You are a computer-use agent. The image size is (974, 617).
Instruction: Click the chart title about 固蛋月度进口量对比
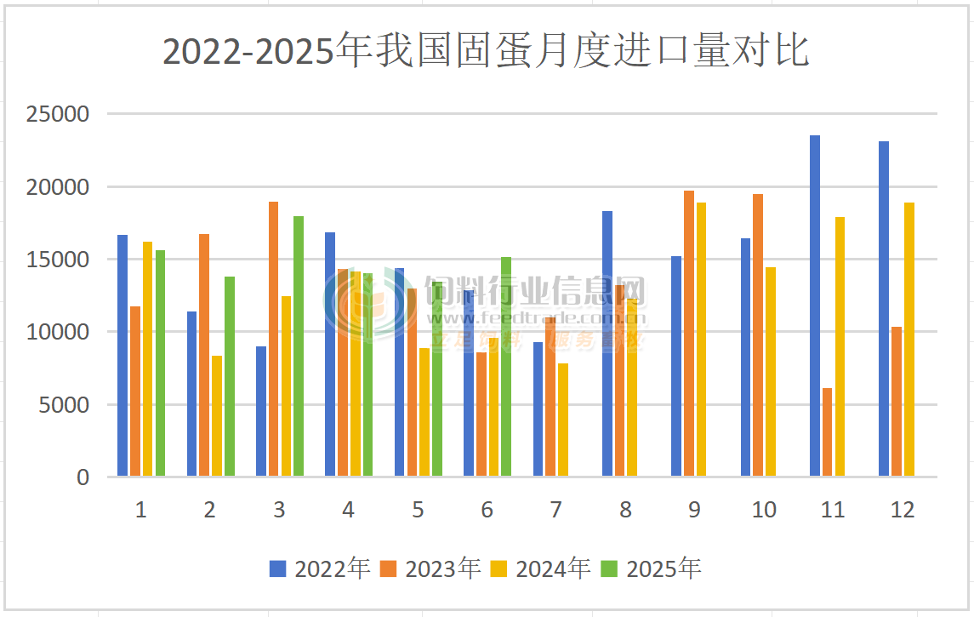tap(486, 52)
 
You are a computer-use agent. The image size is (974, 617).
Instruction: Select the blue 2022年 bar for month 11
tap(815, 306)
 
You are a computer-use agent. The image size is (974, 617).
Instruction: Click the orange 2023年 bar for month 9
tap(689, 333)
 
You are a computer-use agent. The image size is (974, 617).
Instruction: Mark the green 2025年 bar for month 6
tap(506, 366)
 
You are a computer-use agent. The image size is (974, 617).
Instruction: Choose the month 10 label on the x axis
tap(764, 510)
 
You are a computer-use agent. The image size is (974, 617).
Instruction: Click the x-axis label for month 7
tap(555, 510)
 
